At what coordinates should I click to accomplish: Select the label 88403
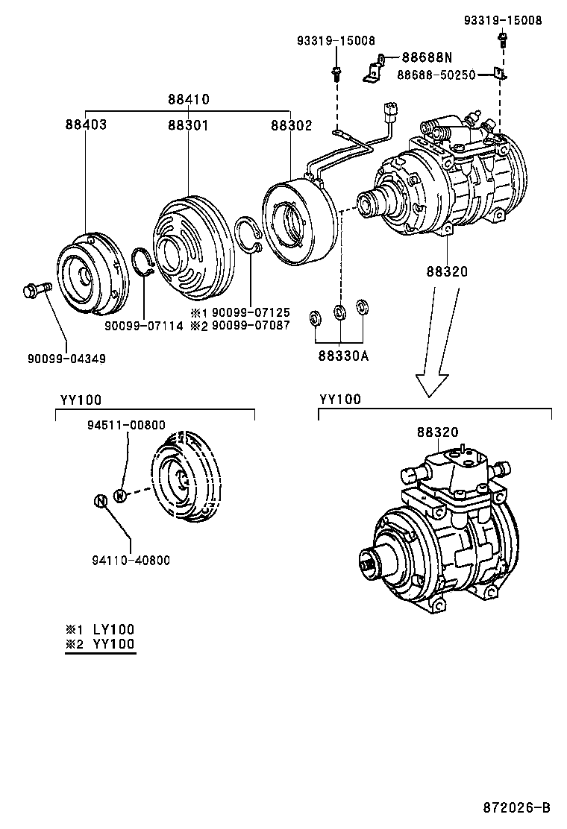85,124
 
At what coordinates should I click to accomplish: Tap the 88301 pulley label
188,124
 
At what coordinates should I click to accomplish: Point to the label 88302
292,124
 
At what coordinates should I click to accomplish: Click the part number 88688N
427,57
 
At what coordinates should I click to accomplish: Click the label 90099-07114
144,326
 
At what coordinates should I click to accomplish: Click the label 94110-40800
131,559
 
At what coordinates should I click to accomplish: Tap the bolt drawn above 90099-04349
37,289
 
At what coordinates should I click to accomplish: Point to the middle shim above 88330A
339,312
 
